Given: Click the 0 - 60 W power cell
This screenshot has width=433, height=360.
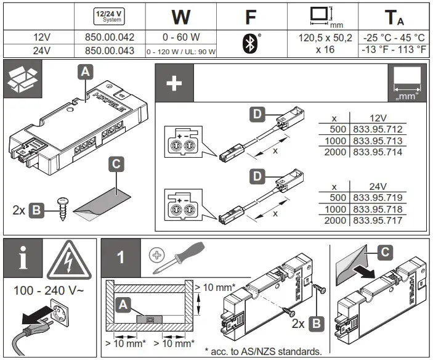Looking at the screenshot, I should pyautogui.click(x=180, y=38).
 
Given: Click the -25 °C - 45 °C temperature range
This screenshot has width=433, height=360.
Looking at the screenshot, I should pyautogui.click(x=395, y=38).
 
